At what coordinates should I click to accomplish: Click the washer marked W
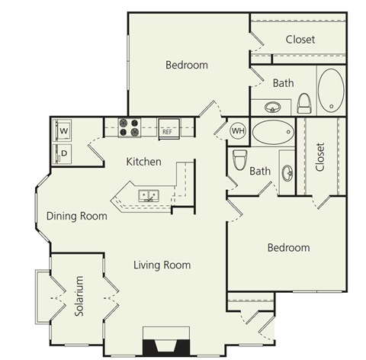[x=64, y=130]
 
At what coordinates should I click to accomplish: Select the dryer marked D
[x=64, y=151]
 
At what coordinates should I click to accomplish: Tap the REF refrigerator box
[x=167, y=130]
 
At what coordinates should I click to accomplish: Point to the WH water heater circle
[x=237, y=130]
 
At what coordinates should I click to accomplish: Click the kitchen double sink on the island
[x=149, y=195]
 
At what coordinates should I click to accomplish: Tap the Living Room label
[x=162, y=265]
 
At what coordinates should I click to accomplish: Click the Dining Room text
[x=76, y=216]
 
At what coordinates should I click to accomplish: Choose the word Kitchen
[x=143, y=162]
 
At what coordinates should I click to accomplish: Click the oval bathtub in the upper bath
[x=331, y=90]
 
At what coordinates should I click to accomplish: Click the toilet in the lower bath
[x=239, y=160]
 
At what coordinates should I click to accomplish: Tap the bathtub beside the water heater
[x=271, y=133]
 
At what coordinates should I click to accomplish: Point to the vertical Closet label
[x=319, y=157]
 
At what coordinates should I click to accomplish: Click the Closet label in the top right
[x=300, y=39]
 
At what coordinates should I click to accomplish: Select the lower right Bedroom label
[x=288, y=248]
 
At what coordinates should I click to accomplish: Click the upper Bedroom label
[x=187, y=65]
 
